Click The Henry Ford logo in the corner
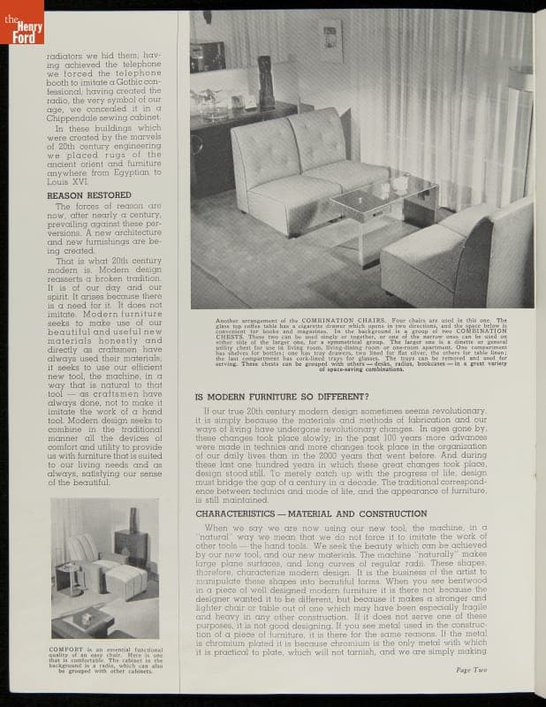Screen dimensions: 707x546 [21, 22]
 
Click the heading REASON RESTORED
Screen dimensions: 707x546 [88, 195]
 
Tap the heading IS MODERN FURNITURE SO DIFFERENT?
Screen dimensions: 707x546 [292, 396]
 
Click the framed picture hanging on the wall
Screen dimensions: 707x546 [331, 42]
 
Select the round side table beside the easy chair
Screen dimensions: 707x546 [70, 576]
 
